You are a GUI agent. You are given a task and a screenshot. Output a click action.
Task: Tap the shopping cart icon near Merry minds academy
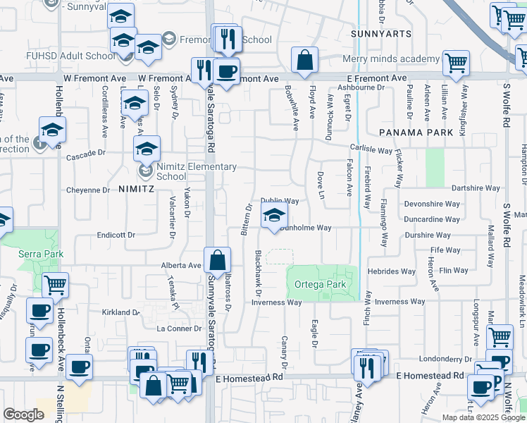point(456,63)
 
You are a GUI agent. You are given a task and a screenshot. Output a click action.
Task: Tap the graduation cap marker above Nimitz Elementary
point(147,149)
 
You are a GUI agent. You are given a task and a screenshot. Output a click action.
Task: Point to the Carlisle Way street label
point(372,150)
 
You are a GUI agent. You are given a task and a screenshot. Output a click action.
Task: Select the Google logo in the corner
point(23,414)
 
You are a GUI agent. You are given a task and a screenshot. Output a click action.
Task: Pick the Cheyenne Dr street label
point(87,190)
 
